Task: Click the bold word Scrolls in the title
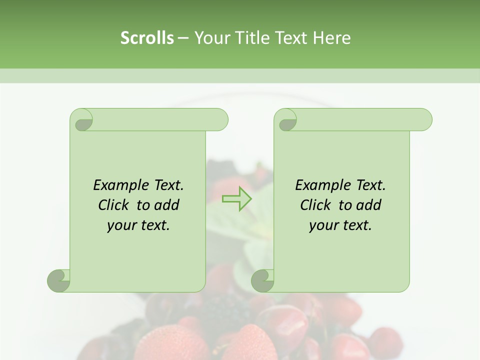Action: point(147,38)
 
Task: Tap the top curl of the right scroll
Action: point(286,120)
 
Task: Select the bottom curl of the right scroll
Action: point(263,280)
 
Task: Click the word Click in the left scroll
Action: point(114,205)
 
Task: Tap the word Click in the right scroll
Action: point(316,205)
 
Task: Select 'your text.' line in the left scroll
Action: point(138,225)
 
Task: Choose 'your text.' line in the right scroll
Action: point(340,225)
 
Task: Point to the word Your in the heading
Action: point(210,38)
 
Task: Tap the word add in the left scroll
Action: point(167,205)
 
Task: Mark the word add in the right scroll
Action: point(369,205)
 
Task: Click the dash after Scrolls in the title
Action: point(183,38)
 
